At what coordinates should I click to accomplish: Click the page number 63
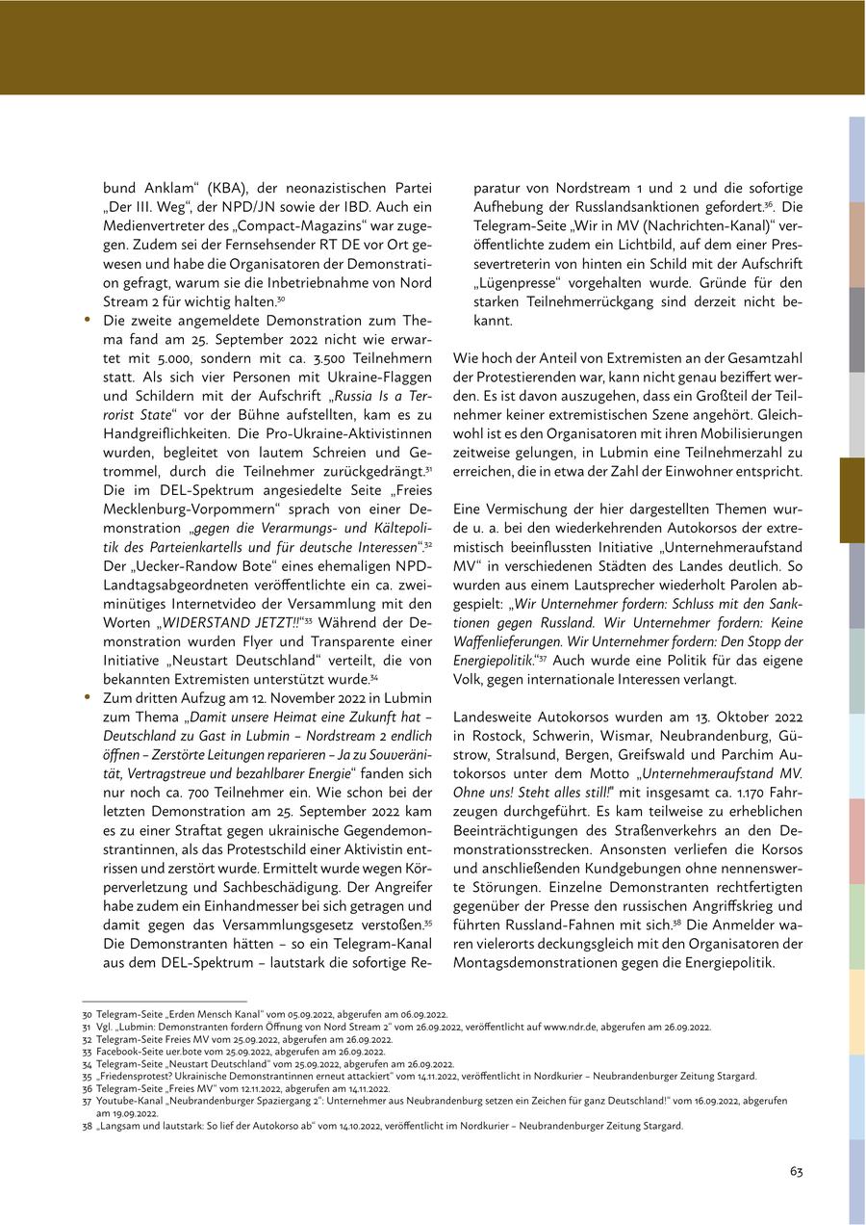797,1171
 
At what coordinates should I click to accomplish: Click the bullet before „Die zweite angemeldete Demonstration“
88,319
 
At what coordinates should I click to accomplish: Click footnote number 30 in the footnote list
87,1014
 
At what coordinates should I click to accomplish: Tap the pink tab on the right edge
856,841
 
